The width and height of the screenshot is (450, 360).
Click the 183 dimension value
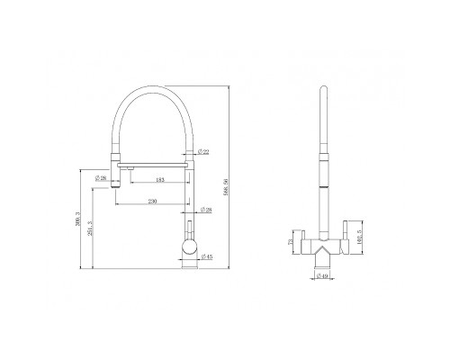158,182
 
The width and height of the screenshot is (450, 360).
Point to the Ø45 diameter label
207,256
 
